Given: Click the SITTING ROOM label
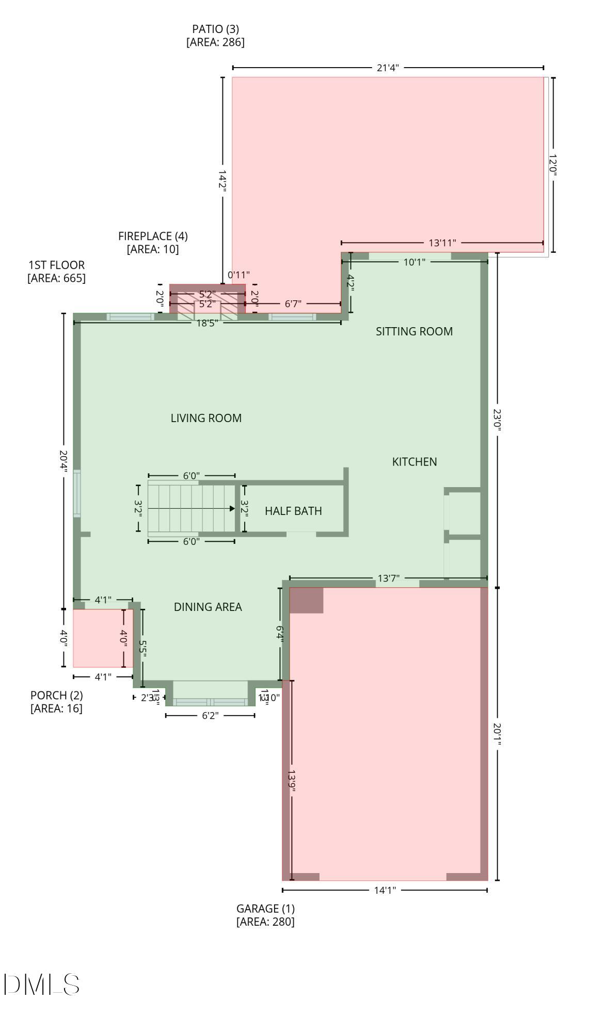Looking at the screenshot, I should [x=414, y=331].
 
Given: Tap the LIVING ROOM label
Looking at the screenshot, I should [x=206, y=418].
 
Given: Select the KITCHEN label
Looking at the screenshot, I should [x=415, y=462].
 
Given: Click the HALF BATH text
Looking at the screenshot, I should [x=293, y=511].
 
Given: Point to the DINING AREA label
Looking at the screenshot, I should [x=208, y=607].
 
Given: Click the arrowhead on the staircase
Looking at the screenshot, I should [x=232, y=508].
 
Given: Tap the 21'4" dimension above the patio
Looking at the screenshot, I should [x=388, y=68].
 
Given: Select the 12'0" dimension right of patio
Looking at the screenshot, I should [x=553, y=165].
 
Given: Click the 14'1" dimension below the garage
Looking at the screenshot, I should [x=385, y=890].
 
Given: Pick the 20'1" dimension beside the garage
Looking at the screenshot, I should [x=497, y=734].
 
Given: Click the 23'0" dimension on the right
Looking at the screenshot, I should [x=497, y=420].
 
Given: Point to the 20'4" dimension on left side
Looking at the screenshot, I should [x=63, y=461].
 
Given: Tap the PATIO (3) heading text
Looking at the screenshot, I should [x=215, y=29].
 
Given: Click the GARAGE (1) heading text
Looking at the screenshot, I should [x=265, y=908].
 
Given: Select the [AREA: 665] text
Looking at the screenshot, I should [x=56, y=278].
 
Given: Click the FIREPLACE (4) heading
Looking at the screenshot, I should [x=153, y=236].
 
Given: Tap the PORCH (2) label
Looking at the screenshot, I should [x=56, y=695].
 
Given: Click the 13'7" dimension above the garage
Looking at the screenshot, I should [x=388, y=578].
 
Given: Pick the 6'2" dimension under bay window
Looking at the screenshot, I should [x=210, y=715].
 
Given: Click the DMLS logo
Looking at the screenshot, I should [x=41, y=984].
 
